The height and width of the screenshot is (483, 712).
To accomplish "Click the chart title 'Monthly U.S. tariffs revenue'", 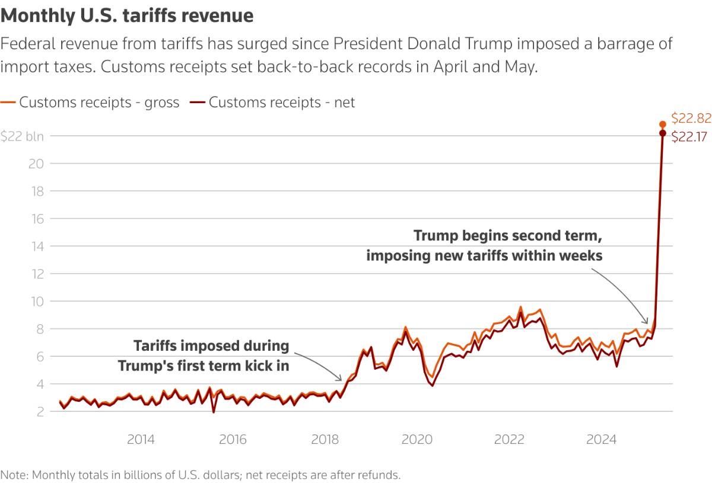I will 127,15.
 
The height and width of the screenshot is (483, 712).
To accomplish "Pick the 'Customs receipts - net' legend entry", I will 272,102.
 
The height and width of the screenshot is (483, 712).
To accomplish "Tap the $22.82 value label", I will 691,118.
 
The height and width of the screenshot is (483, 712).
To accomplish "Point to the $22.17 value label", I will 691,137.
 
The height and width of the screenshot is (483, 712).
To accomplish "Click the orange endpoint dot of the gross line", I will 663,124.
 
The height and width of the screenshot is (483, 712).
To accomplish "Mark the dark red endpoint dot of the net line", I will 663,133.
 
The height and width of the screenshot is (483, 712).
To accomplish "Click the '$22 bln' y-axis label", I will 22,136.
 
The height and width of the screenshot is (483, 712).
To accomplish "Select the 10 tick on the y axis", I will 37,302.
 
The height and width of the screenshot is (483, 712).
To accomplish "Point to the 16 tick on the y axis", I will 37,219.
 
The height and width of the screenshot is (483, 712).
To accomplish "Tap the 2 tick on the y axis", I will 40,412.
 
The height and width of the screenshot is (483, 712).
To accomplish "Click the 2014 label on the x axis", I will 141,440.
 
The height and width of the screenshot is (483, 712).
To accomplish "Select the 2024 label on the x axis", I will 601,440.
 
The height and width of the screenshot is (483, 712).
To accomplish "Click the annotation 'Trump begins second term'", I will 508,236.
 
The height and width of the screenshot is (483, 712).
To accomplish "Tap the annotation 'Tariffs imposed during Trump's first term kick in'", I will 204,356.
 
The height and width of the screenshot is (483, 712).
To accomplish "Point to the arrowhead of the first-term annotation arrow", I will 341,379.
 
